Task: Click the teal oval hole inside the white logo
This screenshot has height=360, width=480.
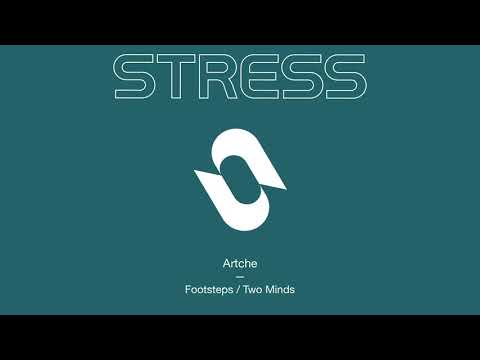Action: [x=240, y=178]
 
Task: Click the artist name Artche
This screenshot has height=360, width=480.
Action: [x=240, y=265]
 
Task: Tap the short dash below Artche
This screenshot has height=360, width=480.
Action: [x=240, y=278]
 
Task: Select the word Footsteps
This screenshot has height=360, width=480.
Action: [x=208, y=291]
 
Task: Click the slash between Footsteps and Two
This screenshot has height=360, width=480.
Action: [x=237, y=291]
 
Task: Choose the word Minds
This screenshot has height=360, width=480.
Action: [x=280, y=291]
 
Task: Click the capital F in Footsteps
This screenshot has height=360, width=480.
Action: [x=188, y=291]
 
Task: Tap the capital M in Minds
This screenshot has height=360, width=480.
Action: [x=268, y=291]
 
